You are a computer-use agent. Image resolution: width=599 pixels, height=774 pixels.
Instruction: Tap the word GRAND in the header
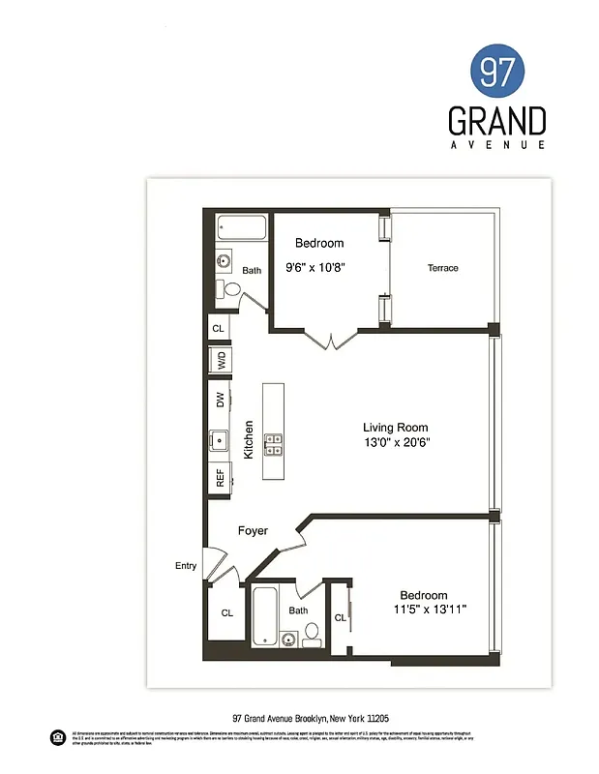496,122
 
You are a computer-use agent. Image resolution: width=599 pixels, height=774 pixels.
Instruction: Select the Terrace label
442,268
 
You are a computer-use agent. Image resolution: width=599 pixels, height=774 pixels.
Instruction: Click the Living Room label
395,428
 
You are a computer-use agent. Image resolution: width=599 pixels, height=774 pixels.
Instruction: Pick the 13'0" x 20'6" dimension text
396,443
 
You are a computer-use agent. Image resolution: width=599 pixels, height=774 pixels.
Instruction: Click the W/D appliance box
220,361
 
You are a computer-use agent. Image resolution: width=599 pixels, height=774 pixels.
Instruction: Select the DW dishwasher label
220,399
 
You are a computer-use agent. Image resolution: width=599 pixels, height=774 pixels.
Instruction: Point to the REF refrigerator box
220,476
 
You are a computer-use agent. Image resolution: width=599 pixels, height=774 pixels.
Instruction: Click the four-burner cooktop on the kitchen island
274,444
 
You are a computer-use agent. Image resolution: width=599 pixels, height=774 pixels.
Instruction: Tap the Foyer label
253,531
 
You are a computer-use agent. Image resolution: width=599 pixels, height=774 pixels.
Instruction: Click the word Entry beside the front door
186,566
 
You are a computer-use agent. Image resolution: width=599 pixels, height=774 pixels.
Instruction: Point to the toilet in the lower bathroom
312,634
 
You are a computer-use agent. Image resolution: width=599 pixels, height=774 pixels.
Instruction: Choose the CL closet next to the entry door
226,612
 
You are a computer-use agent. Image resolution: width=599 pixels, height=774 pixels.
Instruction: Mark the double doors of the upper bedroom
332,341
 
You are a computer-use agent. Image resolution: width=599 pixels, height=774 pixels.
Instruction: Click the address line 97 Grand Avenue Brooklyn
311,719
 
